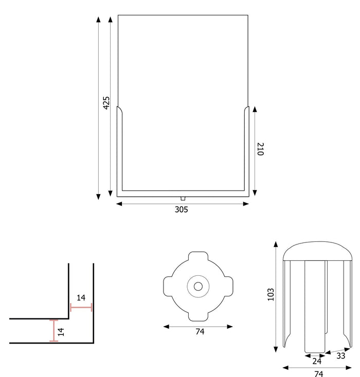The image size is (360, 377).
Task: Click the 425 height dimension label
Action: (x=106, y=103)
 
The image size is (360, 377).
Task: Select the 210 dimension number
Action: (x=260, y=149)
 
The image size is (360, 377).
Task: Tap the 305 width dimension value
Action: (x=182, y=210)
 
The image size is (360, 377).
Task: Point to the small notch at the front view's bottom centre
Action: (x=183, y=198)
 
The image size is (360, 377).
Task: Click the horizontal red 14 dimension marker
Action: (x=81, y=308)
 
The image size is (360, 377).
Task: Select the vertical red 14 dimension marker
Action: (x=53, y=331)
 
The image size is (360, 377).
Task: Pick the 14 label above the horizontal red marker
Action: (x=81, y=298)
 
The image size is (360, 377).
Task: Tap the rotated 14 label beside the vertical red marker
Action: (x=62, y=331)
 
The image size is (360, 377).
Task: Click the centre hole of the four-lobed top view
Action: (x=198, y=285)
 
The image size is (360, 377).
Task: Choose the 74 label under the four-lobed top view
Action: (x=200, y=332)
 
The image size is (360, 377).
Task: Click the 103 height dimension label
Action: (x=271, y=294)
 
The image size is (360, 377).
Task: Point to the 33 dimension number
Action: (x=340, y=355)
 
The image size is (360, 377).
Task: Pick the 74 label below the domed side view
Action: (x=318, y=373)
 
